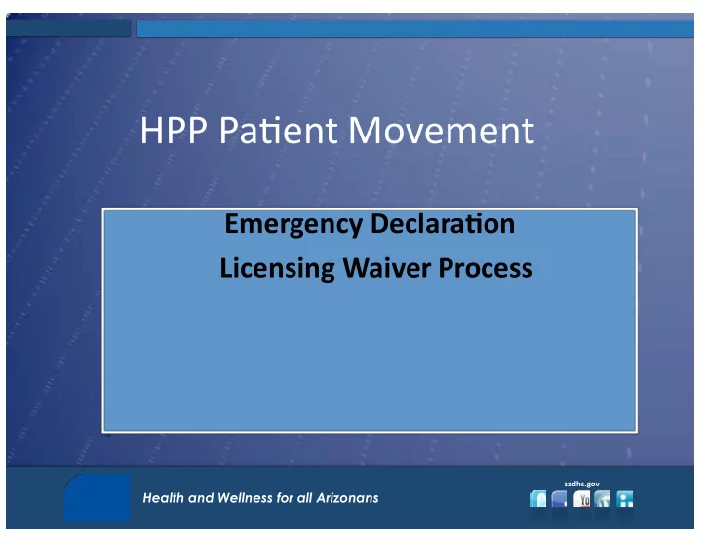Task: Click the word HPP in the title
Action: pyautogui.click(x=174, y=131)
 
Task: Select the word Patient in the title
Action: pyautogui.click(x=278, y=131)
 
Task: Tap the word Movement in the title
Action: pyautogui.click(x=441, y=131)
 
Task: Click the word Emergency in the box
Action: pyautogui.click(x=293, y=224)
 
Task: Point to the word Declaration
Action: pyautogui.click(x=443, y=223)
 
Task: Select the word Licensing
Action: pyautogui.click(x=277, y=269)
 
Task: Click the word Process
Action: pyautogui.click(x=486, y=268)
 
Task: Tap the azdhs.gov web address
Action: pyautogui.click(x=581, y=484)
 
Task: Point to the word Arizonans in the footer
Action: pyautogui.click(x=347, y=498)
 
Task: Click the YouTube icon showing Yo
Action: pyautogui.click(x=581, y=499)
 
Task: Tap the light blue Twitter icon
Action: pyautogui.click(x=538, y=499)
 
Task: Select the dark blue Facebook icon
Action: pyautogui.click(x=560, y=499)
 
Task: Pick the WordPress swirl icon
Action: pyautogui.click(x=603, y=499)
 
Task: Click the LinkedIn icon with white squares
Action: pyautogui.click(x=625, y=499)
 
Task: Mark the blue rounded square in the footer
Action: pyautogui.click(x=97, y=497)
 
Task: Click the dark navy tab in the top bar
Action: pyautogui.click(x=68, y=28)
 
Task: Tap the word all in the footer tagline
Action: pyautogui.click(x=305, y=498)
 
